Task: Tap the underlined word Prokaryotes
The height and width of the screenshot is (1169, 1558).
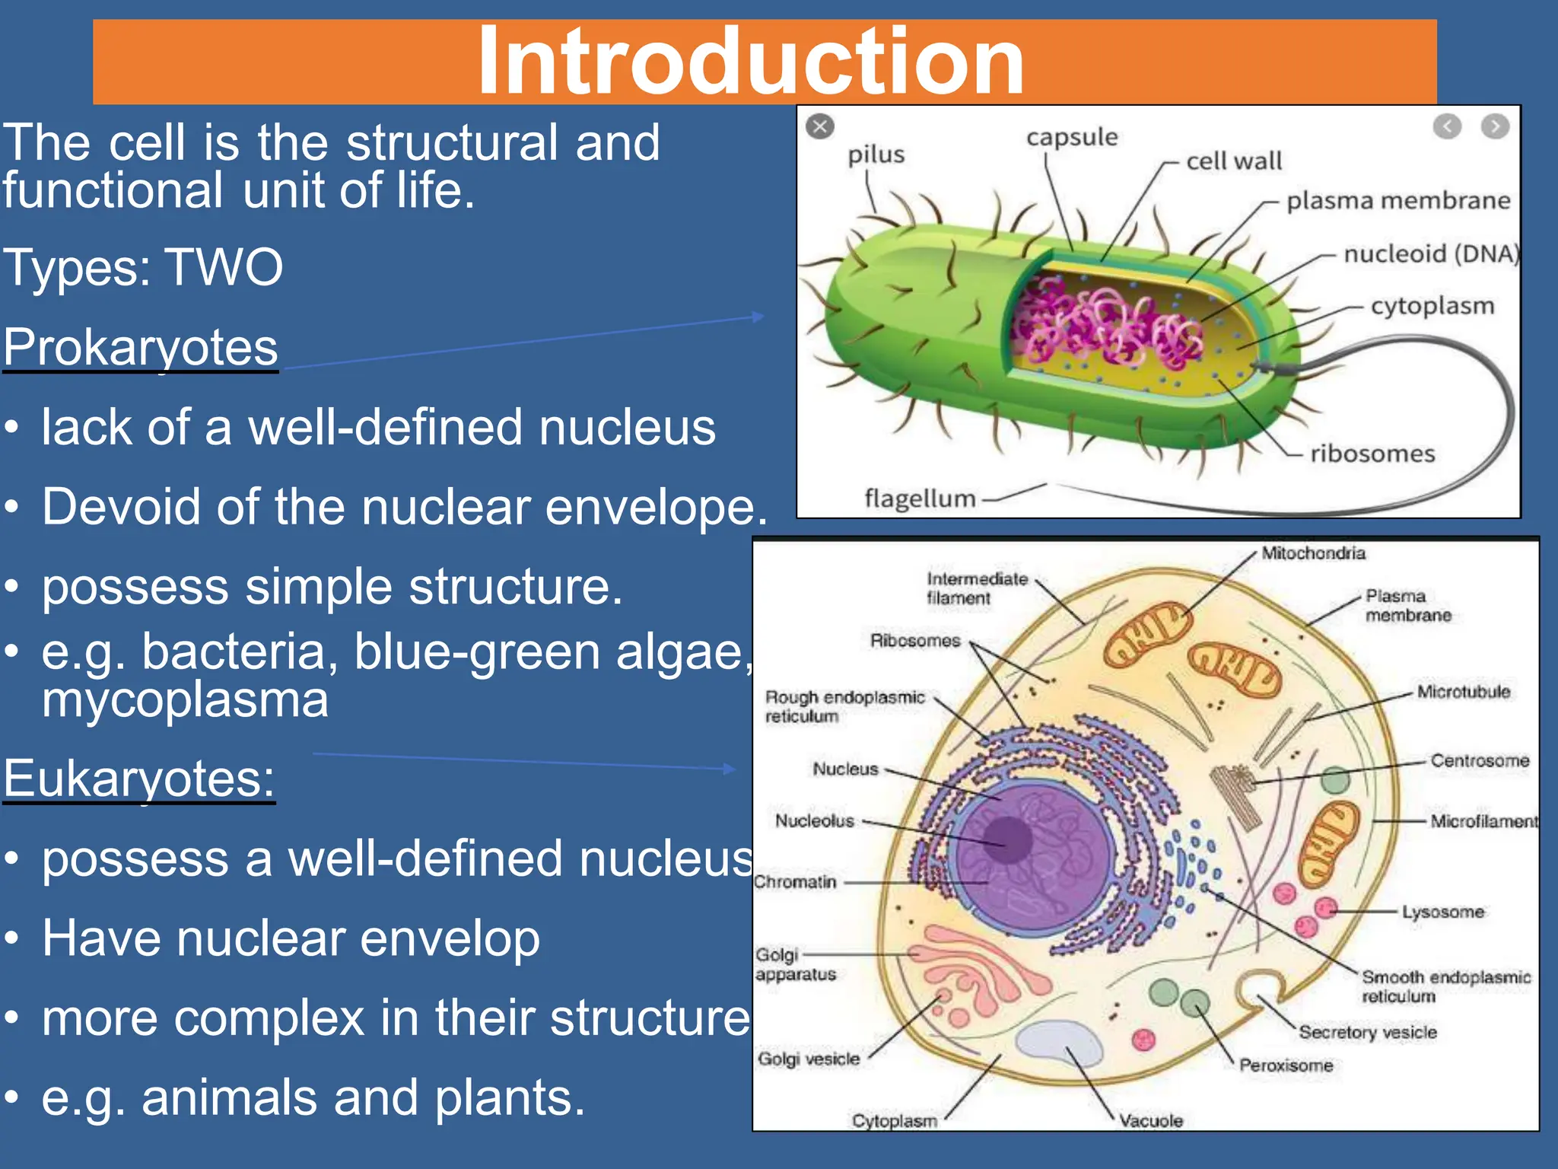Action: [141, 348]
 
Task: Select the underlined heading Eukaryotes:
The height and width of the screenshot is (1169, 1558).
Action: [139, 779]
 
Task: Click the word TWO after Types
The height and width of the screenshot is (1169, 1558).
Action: [224, 268]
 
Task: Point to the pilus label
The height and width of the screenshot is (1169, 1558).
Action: [876, 155]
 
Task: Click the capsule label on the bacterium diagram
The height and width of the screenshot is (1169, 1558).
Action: [1072, 138]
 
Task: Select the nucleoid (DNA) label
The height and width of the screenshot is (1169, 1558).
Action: [1430, 253]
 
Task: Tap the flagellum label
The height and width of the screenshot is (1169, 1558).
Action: [919, 499]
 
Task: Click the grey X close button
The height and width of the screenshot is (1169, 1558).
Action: [820, 126]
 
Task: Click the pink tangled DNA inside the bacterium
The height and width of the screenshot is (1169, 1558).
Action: [1103, 323]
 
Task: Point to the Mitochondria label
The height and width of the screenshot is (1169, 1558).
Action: [1313, 553]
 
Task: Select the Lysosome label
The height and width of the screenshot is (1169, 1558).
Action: [1442, 912]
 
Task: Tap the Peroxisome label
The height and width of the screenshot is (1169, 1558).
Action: [1286, 1065]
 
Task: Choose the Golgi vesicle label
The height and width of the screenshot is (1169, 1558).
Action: [809, 1059]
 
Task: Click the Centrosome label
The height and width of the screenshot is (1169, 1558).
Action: [1479, 761]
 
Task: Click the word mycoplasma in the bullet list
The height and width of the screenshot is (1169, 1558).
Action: [185, 700]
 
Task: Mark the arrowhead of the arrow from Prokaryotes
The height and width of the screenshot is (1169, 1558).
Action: [758, 317]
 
